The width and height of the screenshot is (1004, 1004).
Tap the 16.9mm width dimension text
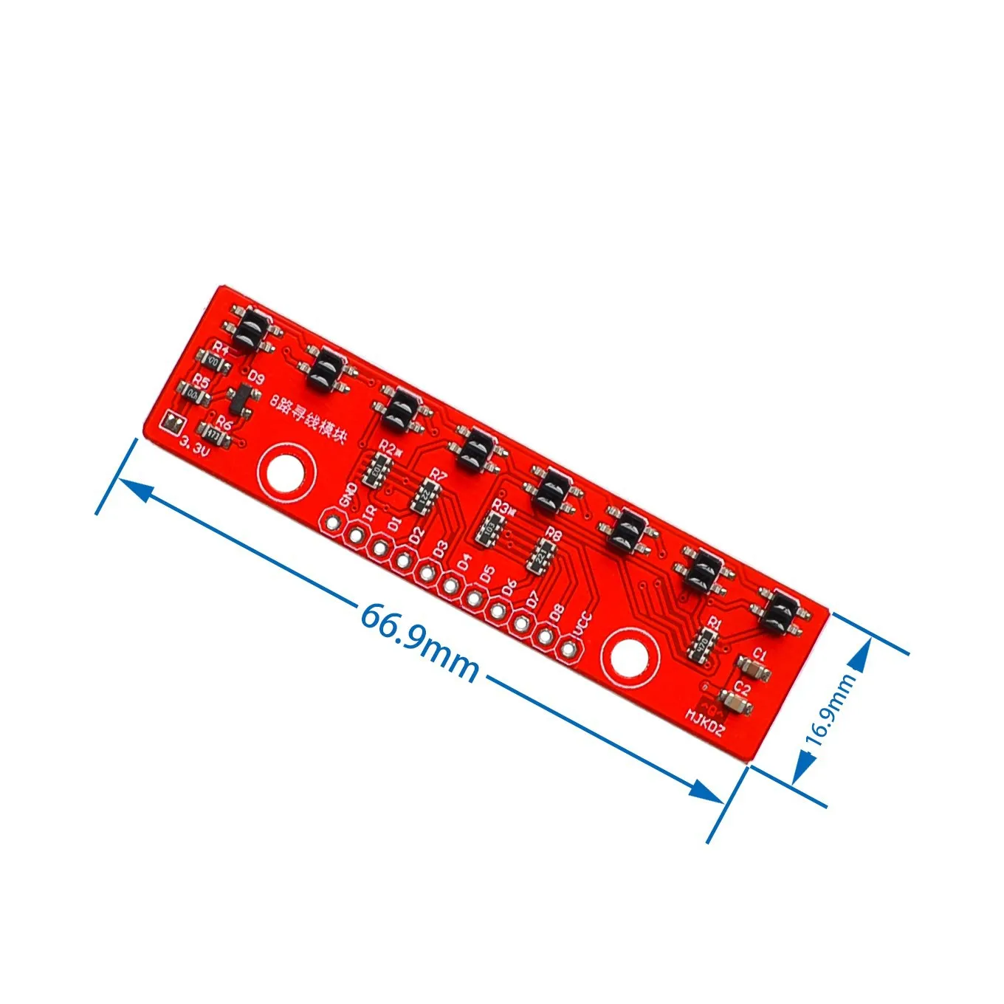pyautogui.click(x=831, y=709)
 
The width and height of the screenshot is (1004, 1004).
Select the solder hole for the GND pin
pyautogui.click(x=333, y=523)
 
